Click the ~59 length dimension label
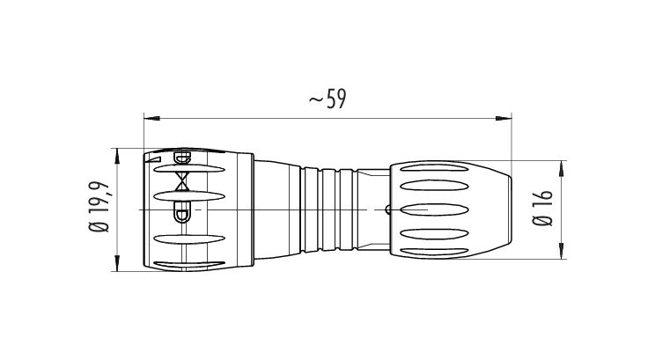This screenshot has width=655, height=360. pos(327,99)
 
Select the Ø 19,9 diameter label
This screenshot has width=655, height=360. pos(99,207)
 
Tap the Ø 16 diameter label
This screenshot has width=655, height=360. pos(543,208)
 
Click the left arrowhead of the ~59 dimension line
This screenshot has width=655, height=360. pos(151,119)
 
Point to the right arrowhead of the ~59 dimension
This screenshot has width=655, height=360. pos(504,119)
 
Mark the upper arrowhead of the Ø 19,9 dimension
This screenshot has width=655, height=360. pos(117,156)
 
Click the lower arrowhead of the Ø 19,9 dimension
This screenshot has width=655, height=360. pos(117,263)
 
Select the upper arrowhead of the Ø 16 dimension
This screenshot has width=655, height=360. pos(562,168)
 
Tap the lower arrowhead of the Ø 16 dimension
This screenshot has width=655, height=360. pos(562,251)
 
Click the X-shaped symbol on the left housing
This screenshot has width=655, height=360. pos(182,181)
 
